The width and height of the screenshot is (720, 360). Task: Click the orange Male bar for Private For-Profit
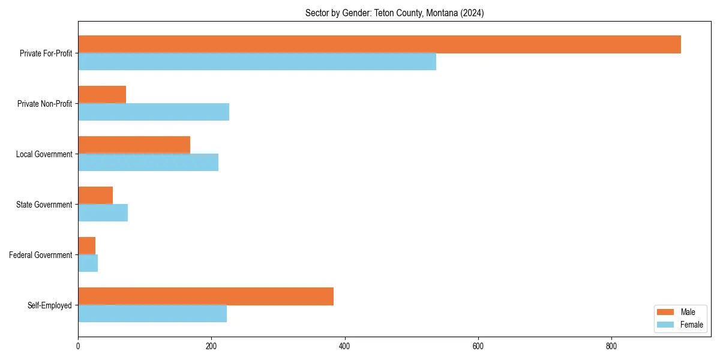379,44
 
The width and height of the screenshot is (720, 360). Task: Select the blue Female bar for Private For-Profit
257,62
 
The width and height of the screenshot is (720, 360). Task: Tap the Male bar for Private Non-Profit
102,95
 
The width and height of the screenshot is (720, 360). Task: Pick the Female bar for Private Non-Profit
154,112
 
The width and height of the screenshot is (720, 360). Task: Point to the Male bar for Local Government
134,145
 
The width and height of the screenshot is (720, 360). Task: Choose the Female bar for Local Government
148,163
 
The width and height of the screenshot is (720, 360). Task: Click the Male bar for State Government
95,196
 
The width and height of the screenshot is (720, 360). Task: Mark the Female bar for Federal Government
88,263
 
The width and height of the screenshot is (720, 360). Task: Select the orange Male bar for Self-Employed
206,296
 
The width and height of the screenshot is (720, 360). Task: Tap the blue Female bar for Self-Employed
152,314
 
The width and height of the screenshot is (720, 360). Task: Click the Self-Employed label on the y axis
49,305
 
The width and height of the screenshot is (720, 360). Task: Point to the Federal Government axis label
40,255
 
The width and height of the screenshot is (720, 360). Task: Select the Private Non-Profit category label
44,104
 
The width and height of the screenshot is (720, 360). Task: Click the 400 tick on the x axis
344,346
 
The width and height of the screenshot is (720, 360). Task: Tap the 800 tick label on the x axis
611,346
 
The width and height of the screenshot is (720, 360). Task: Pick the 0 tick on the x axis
78,346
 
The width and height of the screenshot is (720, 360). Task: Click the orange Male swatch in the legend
665,312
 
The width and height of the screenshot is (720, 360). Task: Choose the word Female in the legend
691,325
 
